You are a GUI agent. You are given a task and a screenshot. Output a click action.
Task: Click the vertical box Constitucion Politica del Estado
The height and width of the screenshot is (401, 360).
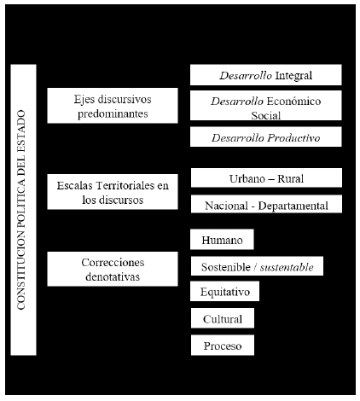pyautogui.click(x=23, y=210)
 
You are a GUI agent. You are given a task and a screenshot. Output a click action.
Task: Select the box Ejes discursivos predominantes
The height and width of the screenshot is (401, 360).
pyautogui.click(x=113, y=106)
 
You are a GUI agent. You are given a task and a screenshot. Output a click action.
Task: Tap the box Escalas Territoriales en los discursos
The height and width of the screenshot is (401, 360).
pyautogui.click(x=113, y=192)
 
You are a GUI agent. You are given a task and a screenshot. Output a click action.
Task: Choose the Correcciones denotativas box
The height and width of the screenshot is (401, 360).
pyautogui.click(x=113, y=269)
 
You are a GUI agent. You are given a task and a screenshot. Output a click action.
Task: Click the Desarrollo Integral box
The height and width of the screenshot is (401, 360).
pyautogui.click(x=266, y=75)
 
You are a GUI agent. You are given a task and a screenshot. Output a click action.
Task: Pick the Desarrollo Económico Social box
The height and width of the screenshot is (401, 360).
pyautogui.click(x=266, y=105)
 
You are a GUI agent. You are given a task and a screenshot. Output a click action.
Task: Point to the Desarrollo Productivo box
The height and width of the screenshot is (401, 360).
pyautogui.click(x=266, y=137)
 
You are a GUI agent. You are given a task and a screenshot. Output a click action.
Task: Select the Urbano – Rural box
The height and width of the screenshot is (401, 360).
pyautogui.click(x=266, y=177)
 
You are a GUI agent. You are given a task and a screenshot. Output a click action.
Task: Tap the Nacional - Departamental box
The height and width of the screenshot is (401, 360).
pyautogui.click(x=266, y=204)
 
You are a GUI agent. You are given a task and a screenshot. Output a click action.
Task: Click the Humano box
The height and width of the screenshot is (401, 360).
pyautogui.click(x=222, y=240)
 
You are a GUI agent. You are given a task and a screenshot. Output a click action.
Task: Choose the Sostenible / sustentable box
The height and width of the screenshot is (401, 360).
pyautogui.click(x=257, y=266)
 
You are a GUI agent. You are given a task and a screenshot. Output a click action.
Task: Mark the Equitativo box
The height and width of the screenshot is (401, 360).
pyautogui.click(x=225, y=291)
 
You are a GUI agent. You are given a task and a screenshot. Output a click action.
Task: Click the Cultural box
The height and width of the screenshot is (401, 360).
pyautogui.click(x=223, y=318)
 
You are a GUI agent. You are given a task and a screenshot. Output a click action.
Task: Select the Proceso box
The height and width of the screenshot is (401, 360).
pyautogui.click(x=223, y=346)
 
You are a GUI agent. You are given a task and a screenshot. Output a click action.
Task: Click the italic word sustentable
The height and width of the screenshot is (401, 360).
pyautogui.click(x=287, y=267)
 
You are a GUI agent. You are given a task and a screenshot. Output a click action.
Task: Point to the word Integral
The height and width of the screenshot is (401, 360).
pyautogui.click(x=293, y=76)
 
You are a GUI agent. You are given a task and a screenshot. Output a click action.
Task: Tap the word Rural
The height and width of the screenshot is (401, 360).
pyautogui.click(x=291, y=178)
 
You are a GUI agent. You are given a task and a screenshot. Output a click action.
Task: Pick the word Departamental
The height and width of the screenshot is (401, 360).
pyautogui.click(x=293, y=206)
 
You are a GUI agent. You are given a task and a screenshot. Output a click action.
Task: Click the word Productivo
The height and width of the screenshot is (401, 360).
pyautogui.click(x=294, y=138)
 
